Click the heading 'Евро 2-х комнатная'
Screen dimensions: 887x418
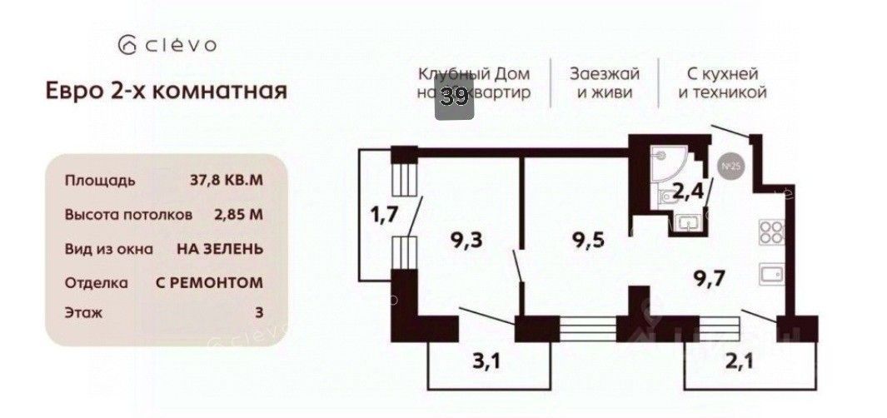point(166,90)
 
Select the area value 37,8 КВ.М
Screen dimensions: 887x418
point(227,180)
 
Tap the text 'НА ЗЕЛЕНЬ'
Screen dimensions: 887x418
point(220,248)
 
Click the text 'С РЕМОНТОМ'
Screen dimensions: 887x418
point(210,282)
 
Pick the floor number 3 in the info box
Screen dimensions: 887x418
point(259,313)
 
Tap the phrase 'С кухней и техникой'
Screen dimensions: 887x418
point(722,82)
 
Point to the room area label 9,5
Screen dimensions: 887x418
point(587,241)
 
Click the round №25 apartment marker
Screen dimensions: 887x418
point(731,167)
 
